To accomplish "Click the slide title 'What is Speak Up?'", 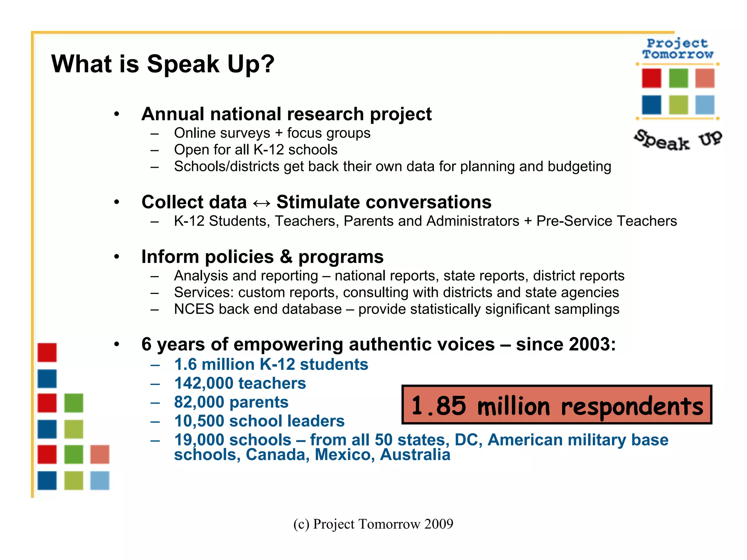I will click(x=163, y=64).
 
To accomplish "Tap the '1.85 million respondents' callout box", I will click(x=557, y=405).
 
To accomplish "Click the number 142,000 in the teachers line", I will click(x=204, y=384).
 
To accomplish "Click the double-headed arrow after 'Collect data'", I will click(x=262, y=203).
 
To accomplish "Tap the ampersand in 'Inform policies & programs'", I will click(x=286, y=257).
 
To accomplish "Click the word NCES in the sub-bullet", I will click(x=194, y=309).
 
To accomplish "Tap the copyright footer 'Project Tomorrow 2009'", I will click(x=373, y=524).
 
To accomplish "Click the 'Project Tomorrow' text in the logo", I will click(x=678, y=49).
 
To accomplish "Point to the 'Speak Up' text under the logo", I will click(x=678, y=140).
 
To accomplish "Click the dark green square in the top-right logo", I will click(x=678, y=78).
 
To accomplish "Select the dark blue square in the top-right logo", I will click(x=651, y=105).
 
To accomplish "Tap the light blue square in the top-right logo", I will click(x=705, y=105).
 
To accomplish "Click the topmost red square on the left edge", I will click(x=47, y=353).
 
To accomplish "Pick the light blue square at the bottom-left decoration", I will click(x=100, y=481).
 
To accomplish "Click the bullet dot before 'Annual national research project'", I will click(x=116, y=114).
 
